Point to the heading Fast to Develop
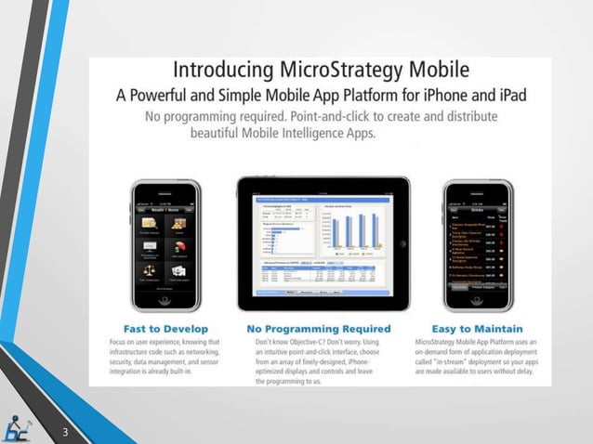point(165,328)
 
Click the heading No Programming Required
point(319,328)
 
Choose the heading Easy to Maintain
point(477,328)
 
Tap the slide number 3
point(66,432)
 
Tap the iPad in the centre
point(323,243)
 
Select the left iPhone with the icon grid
point(166,244)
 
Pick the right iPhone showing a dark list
point(477,244)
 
